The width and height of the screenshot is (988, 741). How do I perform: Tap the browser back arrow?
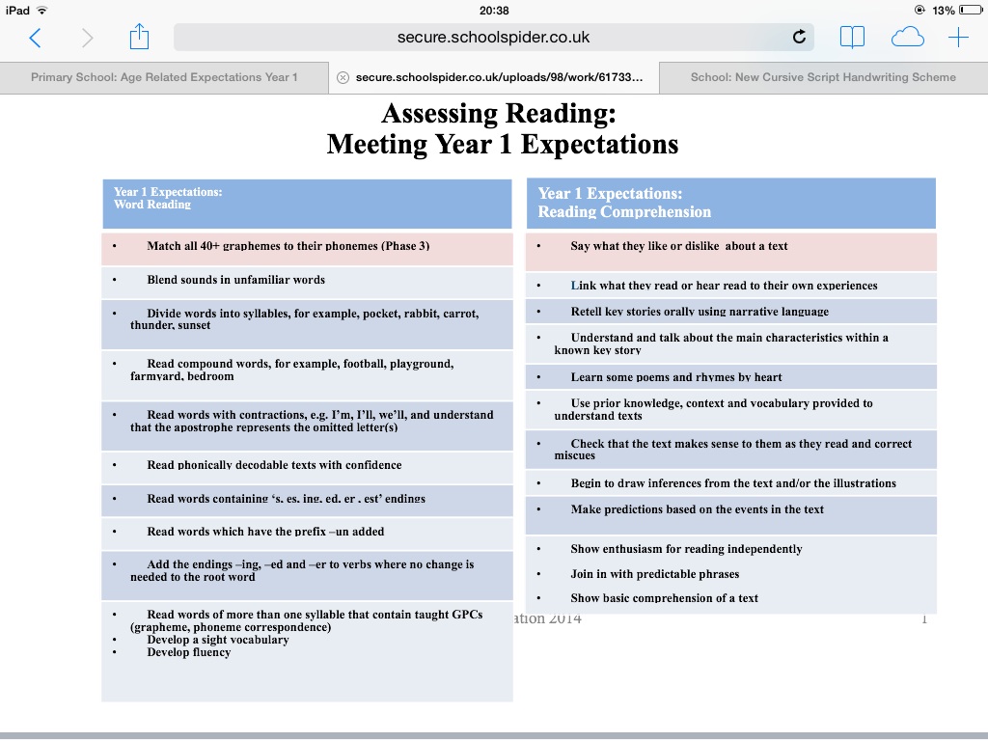[36, 38]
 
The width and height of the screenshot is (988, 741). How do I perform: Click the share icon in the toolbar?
[139, 38]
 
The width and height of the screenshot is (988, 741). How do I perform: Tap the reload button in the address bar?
[799, 38]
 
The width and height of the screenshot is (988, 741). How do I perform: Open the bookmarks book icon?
[852, 38]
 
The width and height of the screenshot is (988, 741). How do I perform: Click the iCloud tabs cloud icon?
[907, 38]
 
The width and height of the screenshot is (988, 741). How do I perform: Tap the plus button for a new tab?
[958, 38]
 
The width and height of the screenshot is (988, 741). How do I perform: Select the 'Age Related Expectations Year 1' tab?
[164, 77]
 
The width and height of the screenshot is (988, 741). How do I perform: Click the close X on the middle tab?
[343, 77]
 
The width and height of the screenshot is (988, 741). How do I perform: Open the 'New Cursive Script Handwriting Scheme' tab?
[823, 77]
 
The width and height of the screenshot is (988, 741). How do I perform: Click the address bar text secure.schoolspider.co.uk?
[493, 38]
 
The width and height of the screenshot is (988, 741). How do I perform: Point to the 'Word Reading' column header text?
[152, 205]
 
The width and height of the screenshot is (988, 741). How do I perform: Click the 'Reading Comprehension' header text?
[624, 212]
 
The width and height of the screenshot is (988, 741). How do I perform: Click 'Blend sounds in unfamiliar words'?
[235, 280]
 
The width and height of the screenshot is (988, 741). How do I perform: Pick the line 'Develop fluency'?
[189, 652]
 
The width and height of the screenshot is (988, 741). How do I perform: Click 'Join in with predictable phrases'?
[654, 574]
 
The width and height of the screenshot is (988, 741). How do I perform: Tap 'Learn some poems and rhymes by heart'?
[676, 377]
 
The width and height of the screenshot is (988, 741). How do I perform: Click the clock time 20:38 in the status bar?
[494, 11]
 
